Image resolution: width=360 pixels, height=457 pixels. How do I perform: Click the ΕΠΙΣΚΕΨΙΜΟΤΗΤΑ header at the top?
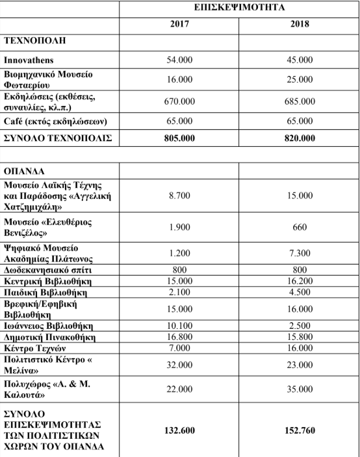(240, 7)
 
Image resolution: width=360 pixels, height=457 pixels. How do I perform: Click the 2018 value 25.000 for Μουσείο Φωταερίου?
(300, 79)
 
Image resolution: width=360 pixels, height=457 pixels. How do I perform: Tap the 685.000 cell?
(300, 101)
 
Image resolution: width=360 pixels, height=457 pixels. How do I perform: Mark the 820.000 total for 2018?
(300, 138)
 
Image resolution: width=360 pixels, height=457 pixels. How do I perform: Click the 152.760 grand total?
(300, 430)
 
